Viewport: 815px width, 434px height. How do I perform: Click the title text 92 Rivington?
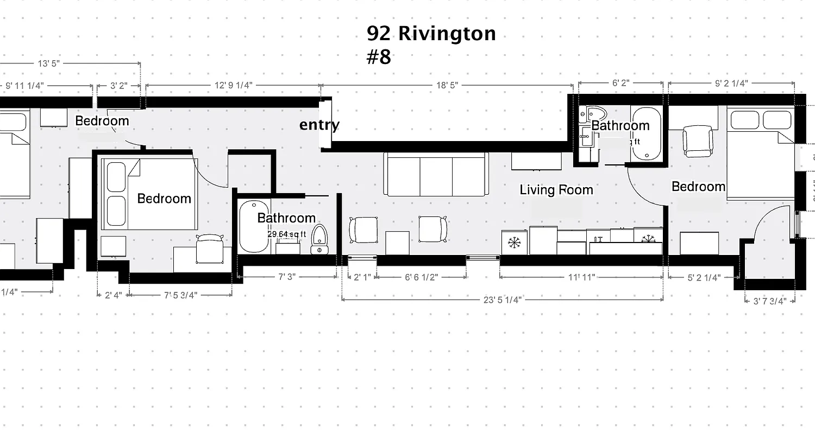431,34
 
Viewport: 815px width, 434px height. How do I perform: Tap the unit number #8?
379,57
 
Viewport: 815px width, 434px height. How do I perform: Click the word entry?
319,125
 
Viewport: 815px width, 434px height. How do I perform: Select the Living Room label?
556,190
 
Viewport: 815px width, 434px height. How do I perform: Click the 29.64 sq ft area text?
287,234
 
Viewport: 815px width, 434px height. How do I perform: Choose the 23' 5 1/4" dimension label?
503,299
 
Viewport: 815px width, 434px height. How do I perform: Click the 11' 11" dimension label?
581,277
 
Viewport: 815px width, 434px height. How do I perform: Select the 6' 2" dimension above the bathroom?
620,83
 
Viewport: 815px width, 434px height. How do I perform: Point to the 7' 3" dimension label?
286,277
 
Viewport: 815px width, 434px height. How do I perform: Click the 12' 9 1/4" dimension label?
233,85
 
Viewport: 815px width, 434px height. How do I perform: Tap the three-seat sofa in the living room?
436,174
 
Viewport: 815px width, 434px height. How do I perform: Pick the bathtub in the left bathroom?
254,227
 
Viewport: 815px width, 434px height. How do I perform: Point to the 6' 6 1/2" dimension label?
421,277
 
